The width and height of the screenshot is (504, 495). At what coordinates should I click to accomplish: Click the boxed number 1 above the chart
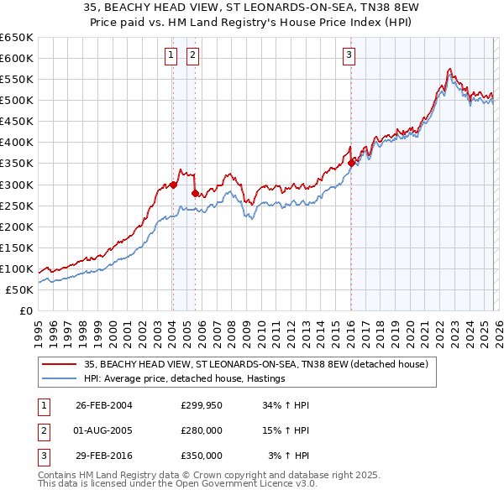[x=171, y=56]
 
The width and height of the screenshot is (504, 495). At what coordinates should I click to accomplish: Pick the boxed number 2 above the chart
[x=192, y=56]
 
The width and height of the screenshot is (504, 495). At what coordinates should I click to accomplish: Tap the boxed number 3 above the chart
[x=348, y=56]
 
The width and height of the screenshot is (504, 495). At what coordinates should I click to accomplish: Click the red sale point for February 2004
[x=173, y=185]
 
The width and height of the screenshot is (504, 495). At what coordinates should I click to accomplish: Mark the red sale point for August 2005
[x=195, y=193]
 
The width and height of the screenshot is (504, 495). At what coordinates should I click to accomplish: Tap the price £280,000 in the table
[x=202, y=430]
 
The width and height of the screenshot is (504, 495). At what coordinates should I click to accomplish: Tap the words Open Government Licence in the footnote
[x=244, y=484]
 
